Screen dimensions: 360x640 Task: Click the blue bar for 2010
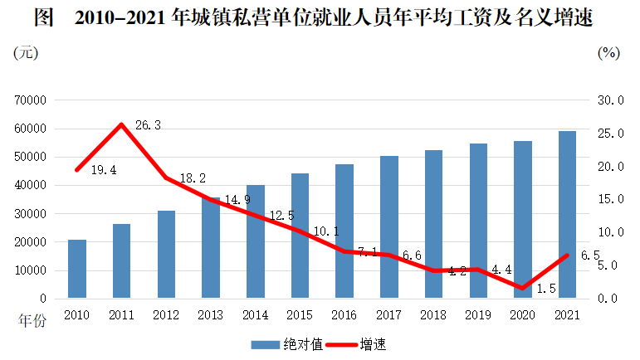tap(77, 269)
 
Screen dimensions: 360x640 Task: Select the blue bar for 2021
tap(567, 215)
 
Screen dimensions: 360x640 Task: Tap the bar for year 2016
tap(344, 231)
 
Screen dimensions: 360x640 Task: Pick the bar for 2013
tap(210, 248)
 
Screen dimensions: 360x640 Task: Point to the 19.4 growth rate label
tap(103, 170)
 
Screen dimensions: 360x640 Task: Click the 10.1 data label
tap(325, 232)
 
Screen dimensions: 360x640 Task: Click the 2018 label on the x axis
tap(432, 315)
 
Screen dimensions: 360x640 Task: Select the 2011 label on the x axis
tap(121, 315)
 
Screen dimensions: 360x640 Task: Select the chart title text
tap(320, 17)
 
